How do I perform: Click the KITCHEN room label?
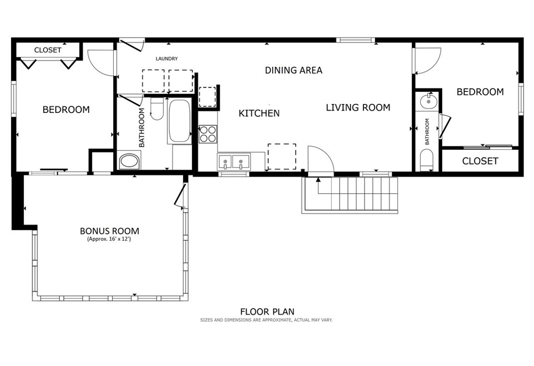click(259, 113)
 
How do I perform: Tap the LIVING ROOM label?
click(358, 108)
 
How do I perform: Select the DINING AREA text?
click(294, 70)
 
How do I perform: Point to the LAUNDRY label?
click(167, 59)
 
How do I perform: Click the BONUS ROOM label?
click(110, 231)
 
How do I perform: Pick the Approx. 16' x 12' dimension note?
click(110, 240)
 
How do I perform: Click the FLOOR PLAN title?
click(267, 312)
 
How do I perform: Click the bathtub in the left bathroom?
click(179, 121)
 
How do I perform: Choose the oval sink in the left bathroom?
click(128, 161)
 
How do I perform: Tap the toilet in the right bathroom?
click(427, 160)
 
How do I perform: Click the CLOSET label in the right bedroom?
click(480, 161)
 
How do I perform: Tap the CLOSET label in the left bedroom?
click(47, 50)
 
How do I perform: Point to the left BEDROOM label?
click(66, 110)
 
